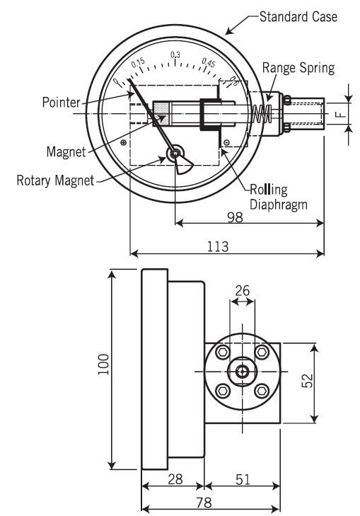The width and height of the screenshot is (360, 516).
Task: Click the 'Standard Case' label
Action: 298,16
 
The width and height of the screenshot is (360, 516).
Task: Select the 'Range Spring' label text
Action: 298,68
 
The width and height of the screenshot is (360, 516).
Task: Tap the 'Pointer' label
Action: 60,103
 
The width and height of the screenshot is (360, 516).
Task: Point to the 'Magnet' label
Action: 66,151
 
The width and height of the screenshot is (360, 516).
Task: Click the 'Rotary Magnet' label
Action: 55,180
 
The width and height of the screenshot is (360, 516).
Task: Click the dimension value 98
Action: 235,217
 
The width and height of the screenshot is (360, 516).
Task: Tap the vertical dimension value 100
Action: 104,367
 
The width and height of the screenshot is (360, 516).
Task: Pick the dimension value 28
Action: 173,479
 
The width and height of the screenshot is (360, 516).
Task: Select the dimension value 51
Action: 242,479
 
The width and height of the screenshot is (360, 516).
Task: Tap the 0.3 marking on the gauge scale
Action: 176,55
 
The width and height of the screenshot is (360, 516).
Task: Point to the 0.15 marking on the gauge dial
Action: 139,64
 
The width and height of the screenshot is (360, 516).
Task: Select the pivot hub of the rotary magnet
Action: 174,153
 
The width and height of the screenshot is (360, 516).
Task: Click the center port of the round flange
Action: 242,370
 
